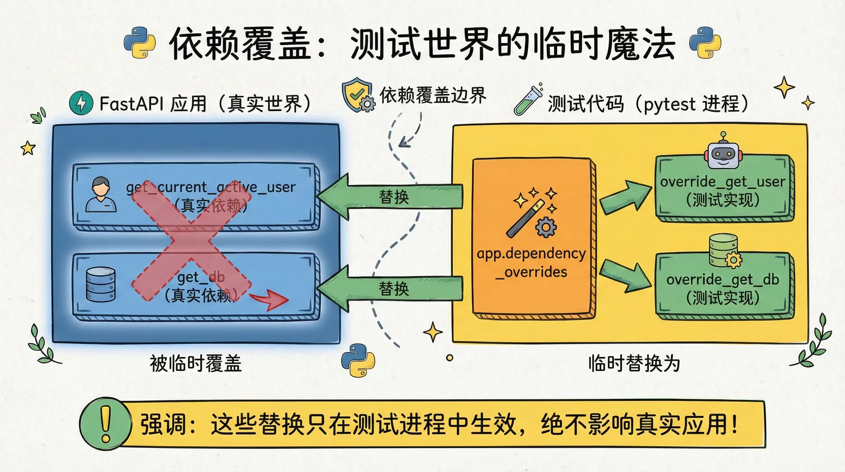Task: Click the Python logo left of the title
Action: click(140, 43)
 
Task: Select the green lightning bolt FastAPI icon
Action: click(81, 103)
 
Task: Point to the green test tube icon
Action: click(528, 100)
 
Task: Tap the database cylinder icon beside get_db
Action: click(101, 284)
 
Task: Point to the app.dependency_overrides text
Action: click(532, 262)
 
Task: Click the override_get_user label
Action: click(723, 181)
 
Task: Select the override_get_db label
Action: click(723, 280)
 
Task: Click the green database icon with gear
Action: click(724, 251)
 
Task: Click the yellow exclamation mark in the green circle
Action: click(106, 424)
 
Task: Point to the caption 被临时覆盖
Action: click(196, 364)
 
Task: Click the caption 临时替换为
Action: click(634, 364)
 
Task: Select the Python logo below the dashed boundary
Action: click(358, 360)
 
